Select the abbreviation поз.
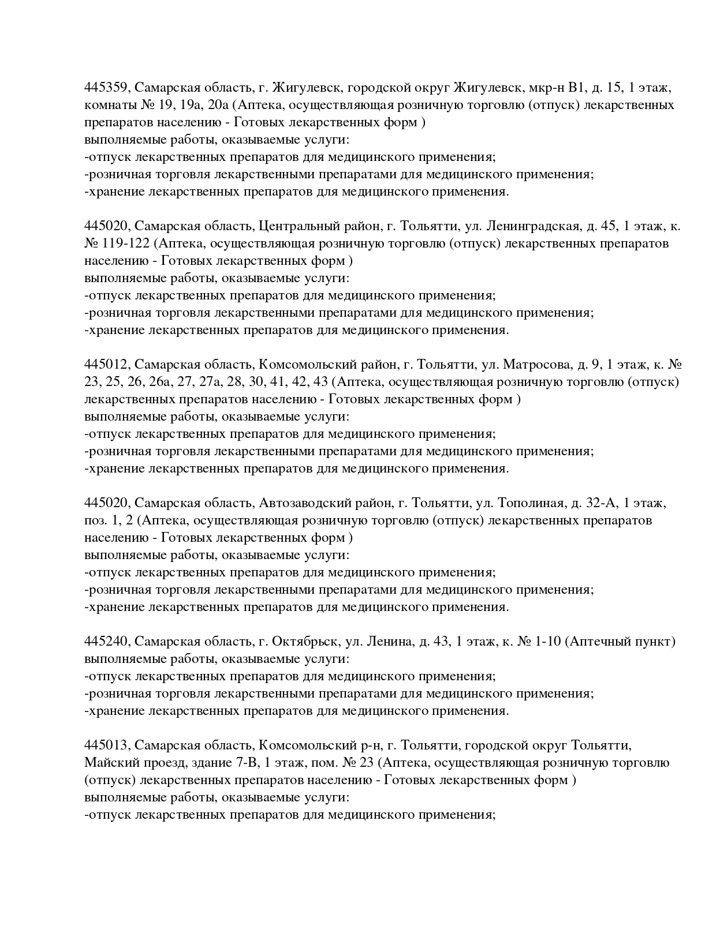click(95, 520)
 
